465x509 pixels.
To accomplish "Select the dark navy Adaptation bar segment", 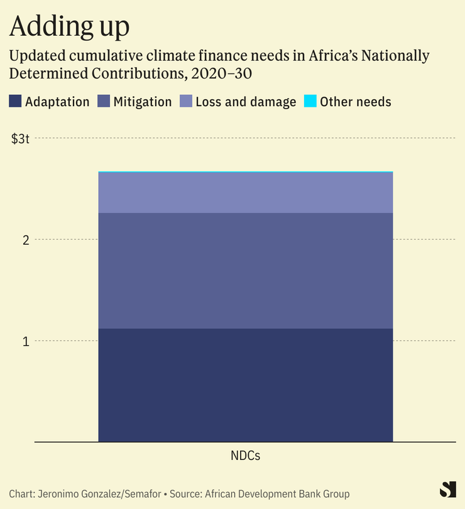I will (x=246, y=385).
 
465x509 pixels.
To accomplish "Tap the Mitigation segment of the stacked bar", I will (x=246, y=271).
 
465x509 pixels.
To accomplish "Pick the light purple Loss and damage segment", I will (x=246, y=193).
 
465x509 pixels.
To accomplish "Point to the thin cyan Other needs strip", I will (x=246, y=172).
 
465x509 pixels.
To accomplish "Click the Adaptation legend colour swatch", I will (x=16, y=102).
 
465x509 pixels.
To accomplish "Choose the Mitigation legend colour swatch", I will (x=104, y=102).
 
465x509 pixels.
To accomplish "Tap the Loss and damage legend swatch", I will (x=187, y=102).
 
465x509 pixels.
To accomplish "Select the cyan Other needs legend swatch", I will (x=310, y=102).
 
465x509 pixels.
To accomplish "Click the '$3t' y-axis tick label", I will (x=21, y=138).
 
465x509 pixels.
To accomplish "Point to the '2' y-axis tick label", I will (x=26, y=240).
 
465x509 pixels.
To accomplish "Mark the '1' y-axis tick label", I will (x=26, y=341).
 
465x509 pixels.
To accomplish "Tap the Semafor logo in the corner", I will (x=447, y=490).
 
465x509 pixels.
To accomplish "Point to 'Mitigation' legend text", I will (x=143, y=102).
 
